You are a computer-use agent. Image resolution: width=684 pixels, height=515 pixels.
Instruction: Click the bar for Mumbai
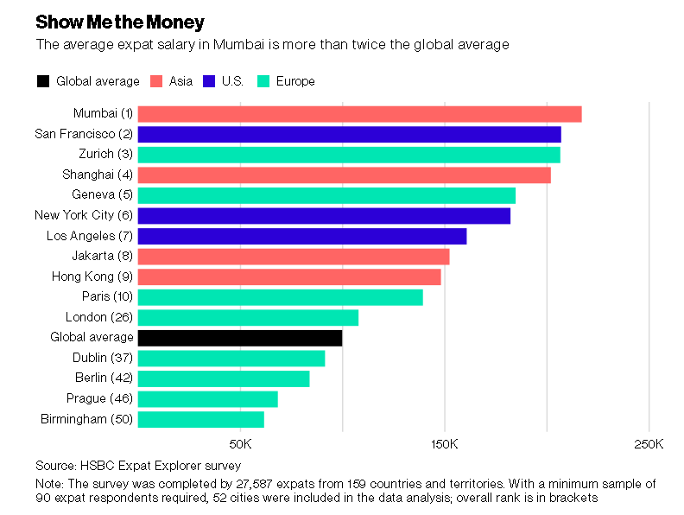tap(359, 114)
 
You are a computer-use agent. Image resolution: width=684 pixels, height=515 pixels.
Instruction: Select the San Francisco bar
tap(349, 134)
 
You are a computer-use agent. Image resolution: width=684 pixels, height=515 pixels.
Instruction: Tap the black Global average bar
tap(240, 337)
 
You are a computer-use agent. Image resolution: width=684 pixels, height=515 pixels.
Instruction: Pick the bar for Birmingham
tap(200, 419)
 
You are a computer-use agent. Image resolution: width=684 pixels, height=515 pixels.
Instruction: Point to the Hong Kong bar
tap(289, 277)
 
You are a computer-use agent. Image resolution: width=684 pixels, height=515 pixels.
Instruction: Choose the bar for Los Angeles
tap(302, 236)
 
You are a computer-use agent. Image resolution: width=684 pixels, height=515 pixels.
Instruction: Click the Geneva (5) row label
tap(103, 195)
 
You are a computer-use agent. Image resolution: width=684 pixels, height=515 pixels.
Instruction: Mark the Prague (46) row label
tap(100, 398)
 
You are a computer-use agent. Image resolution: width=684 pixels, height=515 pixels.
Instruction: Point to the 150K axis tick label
tap(445, 444)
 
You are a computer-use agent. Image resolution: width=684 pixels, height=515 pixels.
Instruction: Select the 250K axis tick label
tap(649, 444)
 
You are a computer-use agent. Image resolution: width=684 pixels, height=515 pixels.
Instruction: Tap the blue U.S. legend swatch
tap(209, 81)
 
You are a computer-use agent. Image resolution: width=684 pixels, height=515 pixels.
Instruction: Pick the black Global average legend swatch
tap(43, 81)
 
